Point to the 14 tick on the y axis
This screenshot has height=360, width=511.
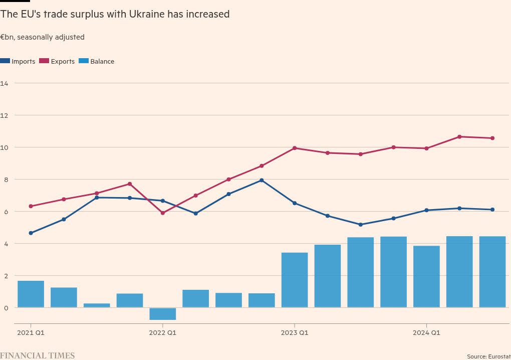point(5,83)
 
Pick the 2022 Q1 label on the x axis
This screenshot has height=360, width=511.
point(163,332)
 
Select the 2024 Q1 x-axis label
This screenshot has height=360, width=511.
point(426,332)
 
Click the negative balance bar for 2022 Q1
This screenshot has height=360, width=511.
point(163,314)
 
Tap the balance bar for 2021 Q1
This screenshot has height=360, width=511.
point(31,294)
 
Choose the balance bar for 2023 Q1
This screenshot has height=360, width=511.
point(295,280)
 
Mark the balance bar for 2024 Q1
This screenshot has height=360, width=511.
point(426,276)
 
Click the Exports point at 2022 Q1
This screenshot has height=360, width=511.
point(163,213)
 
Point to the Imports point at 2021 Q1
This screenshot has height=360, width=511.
point(31,233)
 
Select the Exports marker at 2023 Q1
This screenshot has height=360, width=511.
point(295,148)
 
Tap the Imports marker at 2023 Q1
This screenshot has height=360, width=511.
point(295,203)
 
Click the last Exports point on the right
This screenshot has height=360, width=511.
point(492,138)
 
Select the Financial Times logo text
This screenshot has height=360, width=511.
point(38,355)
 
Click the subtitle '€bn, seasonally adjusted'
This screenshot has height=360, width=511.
point(42,37)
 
